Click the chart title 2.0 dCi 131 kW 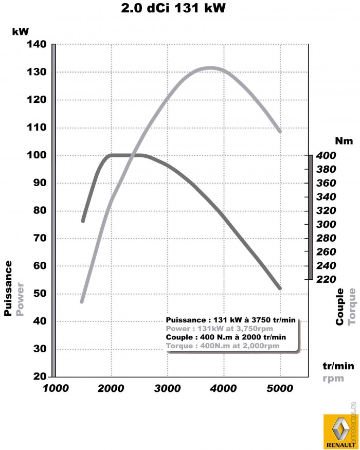pyautogui.click(x=173, y=9)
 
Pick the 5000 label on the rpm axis pyautogui.click(x=279, y=389)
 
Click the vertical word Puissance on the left pyautogui.click(x=8, y=288)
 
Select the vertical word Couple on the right pyautogui.click(x=340, y=307)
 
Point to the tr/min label pyautogui.click(x=338, y=366)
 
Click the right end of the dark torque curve pyautogui.click(x=280, y=288)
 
